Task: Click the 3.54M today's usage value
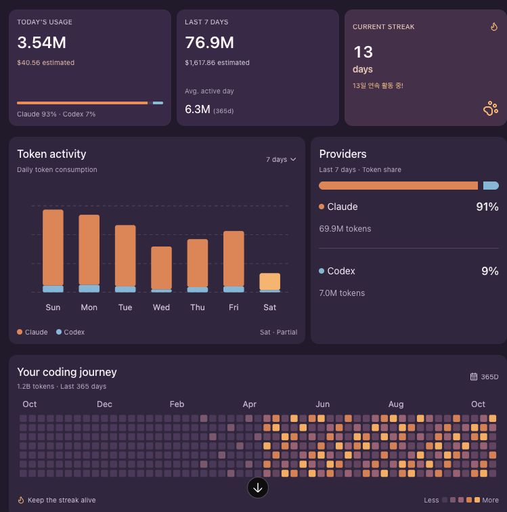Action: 41,43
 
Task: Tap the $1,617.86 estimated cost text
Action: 217,63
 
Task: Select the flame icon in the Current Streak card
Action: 494,26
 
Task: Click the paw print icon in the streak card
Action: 491,109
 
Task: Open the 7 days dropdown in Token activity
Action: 281,159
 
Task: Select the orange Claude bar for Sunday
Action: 53,247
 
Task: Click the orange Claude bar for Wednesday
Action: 161,268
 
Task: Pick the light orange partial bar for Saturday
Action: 269,282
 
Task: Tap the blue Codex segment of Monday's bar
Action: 89,289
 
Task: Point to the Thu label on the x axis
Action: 198,307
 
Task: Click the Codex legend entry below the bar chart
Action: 70,332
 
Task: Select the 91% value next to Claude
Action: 487,207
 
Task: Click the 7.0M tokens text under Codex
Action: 342,293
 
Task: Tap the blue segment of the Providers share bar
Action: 491,186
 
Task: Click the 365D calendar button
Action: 484,377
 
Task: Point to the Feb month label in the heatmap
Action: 177,404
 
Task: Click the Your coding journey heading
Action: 67,372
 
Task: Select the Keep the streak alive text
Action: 62,500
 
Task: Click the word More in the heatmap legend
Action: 490,500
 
